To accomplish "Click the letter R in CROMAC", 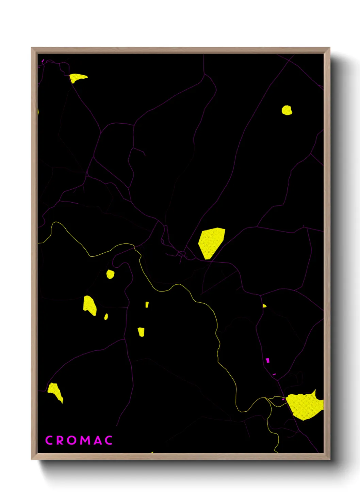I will point(60,440).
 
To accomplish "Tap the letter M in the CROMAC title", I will point(85,440).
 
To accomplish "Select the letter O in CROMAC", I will point(72,440).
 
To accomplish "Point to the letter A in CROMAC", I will point(97,440).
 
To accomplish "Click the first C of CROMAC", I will point(49,440).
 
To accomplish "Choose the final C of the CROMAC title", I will point(109,440).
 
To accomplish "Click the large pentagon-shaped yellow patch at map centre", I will point(211,241).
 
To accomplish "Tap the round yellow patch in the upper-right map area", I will point(287,110).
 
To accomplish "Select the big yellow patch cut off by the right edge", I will point(305,405).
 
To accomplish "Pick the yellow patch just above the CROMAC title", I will point(55,392).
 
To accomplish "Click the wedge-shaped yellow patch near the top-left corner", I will point(78,78).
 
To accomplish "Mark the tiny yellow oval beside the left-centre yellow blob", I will point(106,317).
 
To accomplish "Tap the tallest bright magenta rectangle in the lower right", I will point(267,360).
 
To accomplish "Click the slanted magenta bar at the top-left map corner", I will point(43,61).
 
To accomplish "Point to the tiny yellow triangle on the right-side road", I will point(264,306).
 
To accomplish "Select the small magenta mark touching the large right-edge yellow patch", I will point(283,399).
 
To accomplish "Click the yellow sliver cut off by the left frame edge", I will point(38,111).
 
